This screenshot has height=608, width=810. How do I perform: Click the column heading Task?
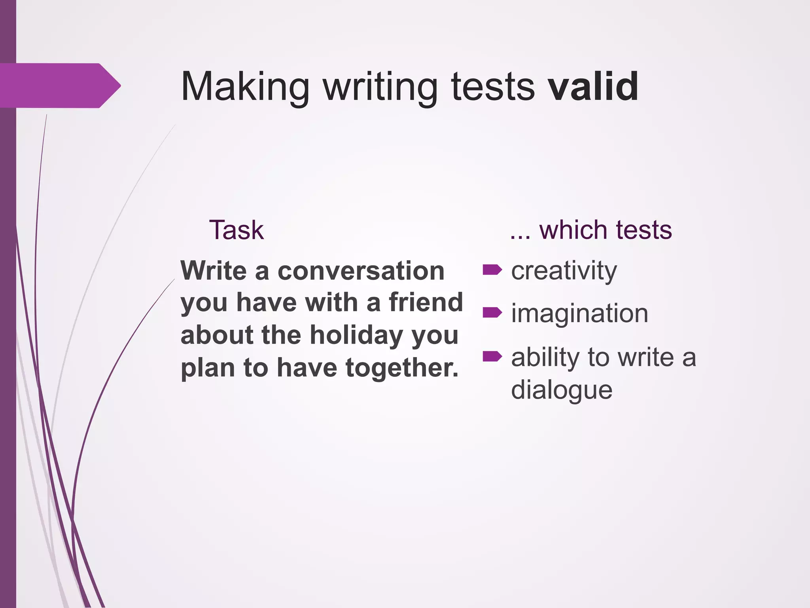tap(236, 230)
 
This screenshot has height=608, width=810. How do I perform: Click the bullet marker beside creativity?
tap(492, 270)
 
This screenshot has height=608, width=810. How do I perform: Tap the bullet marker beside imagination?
tap(492, 313)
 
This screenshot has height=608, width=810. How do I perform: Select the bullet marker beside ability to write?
tap(492, 357)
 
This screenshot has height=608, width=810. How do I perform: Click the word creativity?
tap(564, 272)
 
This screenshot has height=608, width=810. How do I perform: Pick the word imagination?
tap(579, 313)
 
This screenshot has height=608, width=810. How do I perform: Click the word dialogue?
tap(562, 390)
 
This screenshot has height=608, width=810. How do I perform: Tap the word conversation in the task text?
tap(361, 271)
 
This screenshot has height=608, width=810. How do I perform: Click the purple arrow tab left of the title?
tap(59, 85)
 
